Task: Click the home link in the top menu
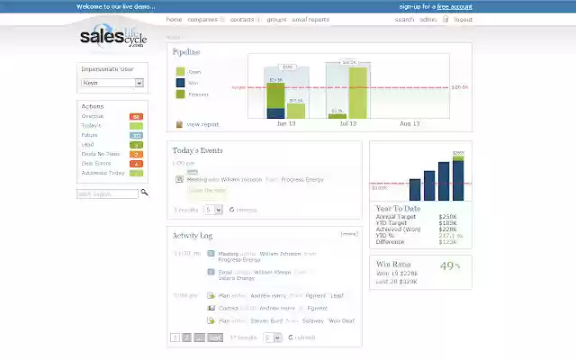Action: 174,19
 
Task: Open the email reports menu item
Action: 310,19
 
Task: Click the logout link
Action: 463,19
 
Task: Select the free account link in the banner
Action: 454,6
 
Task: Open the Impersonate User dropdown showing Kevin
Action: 112,83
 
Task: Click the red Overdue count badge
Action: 136,117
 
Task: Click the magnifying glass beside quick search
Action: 146,193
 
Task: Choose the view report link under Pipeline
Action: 202,124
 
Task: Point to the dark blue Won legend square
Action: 180,83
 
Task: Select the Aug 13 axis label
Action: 409,123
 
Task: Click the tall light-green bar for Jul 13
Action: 357,91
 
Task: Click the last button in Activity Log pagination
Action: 215,337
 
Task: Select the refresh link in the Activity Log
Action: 304,337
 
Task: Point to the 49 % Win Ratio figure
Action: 448,265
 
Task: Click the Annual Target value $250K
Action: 447,217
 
